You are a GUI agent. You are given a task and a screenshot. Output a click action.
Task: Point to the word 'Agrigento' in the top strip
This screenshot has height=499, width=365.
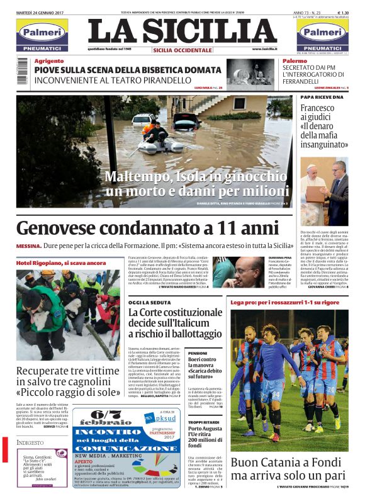[x=48, y=61]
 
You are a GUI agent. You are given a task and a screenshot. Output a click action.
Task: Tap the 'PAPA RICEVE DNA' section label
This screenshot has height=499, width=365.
[x=322, y=98]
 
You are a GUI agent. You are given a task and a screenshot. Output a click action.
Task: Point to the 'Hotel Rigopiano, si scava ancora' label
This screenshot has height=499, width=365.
[x=61, y=262]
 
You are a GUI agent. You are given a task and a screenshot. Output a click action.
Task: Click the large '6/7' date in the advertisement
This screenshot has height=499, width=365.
[x=105, y=417]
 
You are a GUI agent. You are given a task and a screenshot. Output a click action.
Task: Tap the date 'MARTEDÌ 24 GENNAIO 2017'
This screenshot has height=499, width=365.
[x=42, y=12]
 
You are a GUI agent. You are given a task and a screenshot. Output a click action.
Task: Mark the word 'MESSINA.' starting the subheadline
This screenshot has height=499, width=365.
[x=29, y=245]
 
